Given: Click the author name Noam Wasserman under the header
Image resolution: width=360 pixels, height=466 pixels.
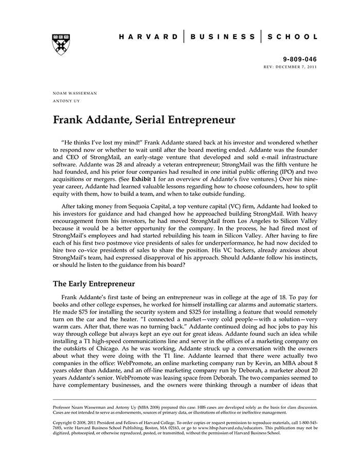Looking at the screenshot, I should point(75,93).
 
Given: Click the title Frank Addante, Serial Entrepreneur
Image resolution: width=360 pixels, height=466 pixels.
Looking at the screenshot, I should point(144,120).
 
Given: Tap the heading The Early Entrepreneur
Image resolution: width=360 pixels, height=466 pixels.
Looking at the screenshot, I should point(94,283).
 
